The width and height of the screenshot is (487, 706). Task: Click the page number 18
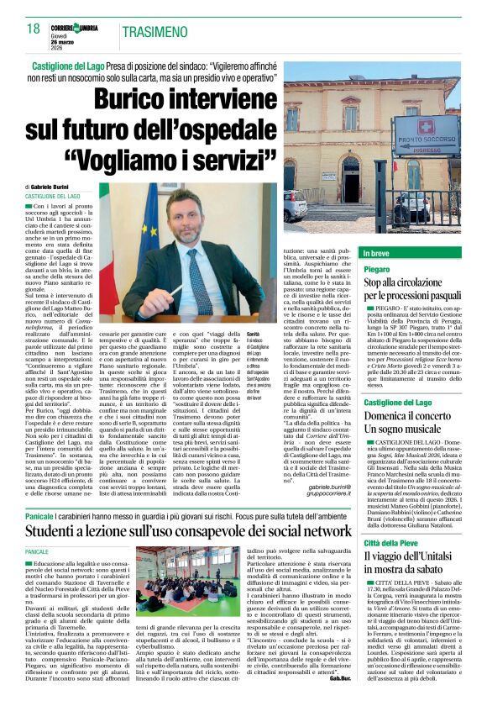33,29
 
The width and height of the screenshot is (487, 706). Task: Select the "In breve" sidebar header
377,253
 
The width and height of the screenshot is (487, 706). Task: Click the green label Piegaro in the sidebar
377,269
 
